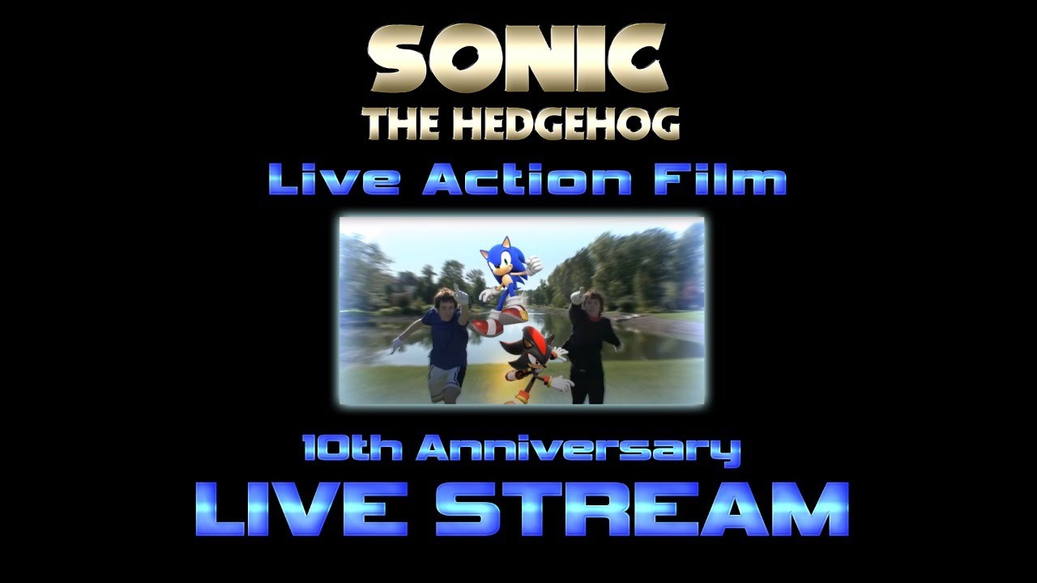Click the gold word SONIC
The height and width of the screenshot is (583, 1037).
(519, 58)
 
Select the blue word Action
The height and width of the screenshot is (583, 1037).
(527, 180)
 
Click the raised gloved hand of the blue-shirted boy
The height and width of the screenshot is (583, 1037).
(461, 295)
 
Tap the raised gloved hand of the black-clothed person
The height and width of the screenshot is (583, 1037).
(577, 296)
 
